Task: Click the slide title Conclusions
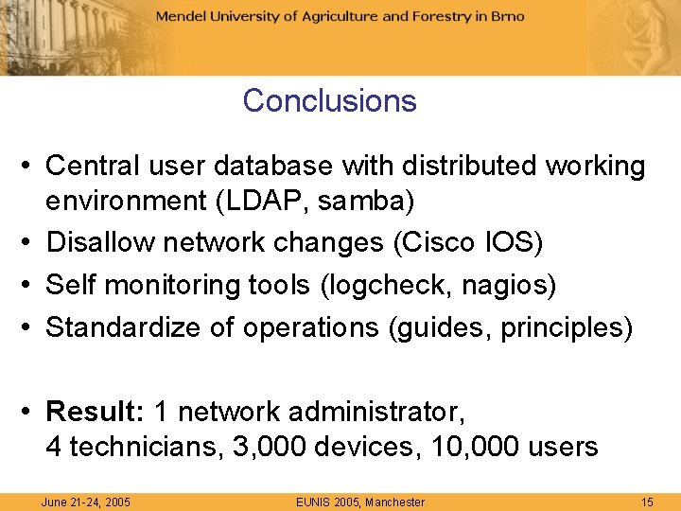(329, 100)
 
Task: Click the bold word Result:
(94, 412)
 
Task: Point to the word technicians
(143, 447)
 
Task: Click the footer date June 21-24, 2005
(86, 502)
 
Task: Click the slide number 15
(647, 502)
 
